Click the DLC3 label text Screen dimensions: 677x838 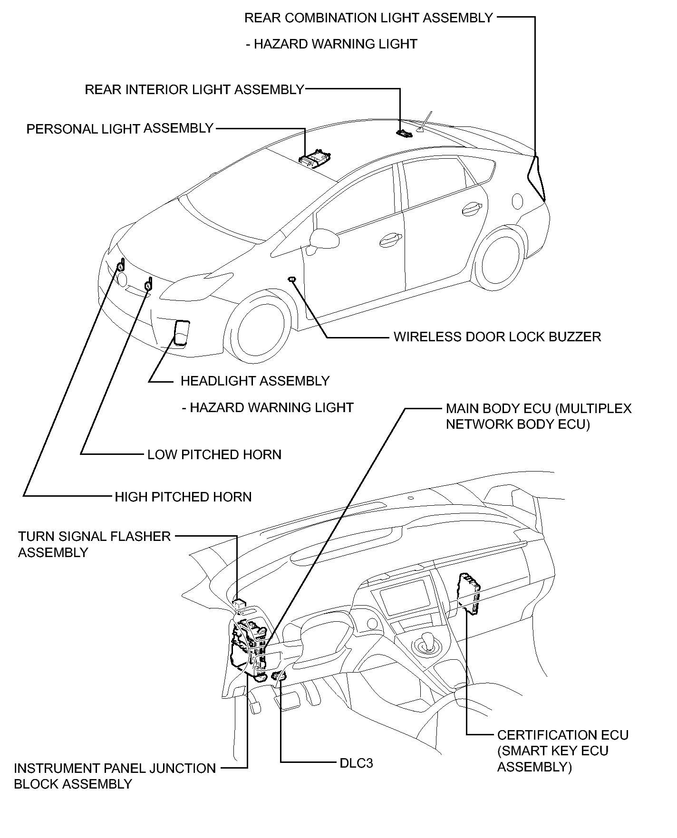point(356,763)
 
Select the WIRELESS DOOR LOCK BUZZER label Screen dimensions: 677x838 point(497,337)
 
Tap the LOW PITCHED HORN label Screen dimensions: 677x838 point(214,454)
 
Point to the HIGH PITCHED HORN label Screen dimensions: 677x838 point(183,497)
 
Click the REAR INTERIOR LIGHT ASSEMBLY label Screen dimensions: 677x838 point(194,89)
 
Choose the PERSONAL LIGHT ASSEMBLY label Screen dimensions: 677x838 point(120,129)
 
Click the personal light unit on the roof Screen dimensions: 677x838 point(315,157)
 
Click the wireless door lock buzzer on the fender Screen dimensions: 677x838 point(292,279)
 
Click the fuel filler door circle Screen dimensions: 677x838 point(517,201)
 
